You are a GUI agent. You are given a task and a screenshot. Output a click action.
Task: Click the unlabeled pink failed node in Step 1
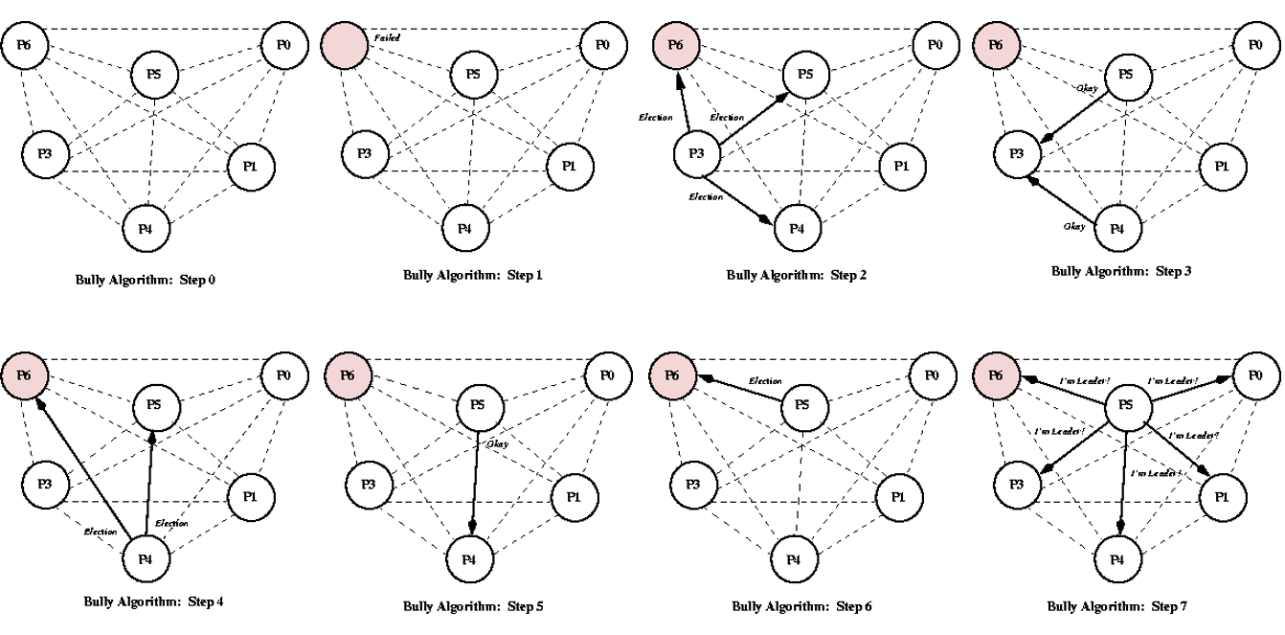pos(344,45)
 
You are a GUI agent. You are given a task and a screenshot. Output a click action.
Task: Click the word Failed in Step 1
pos(387,37)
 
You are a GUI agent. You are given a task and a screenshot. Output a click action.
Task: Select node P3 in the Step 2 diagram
pos(698,155)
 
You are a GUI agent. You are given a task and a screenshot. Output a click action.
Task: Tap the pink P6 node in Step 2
pos(676,45)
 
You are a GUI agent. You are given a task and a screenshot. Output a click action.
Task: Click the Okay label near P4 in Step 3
pos(1074,226)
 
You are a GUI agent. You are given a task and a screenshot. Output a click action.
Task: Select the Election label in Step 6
pos(765,380)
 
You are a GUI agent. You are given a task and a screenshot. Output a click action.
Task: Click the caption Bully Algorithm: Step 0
pos(146,281)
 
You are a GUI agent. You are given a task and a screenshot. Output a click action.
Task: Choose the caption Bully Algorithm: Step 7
pos(1116,606)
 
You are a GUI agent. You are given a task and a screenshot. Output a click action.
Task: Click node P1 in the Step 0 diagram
pos(251,166)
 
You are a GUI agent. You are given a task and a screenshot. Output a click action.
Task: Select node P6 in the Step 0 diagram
pos(24,44)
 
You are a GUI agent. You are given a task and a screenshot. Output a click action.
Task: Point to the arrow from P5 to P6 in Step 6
pos(742,389)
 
